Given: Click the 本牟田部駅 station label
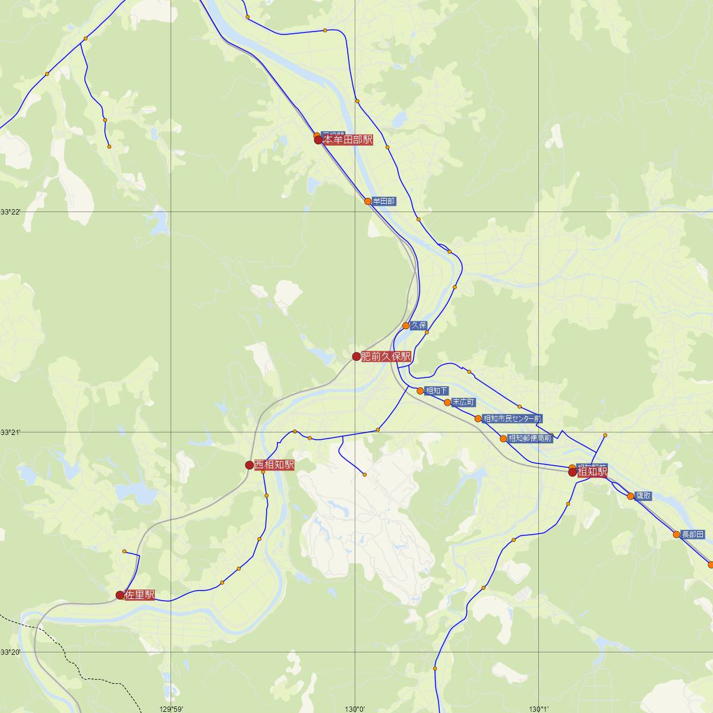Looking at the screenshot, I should pyautogui.click(x=348, y=140).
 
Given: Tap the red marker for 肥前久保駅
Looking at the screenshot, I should pyautogui.click(x=356, y=356).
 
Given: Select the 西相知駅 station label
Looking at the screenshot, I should pyautogui.click(x=274, y=465).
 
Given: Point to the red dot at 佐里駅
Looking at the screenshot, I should pyautogui.click(x=120, y=595).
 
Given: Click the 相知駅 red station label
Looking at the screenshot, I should pyautogui.click(x=592, y=472).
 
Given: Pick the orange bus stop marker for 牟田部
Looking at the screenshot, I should pyautogui.click(x=368, y=201).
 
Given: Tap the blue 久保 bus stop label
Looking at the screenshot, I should pyautogui.click(x=419, y=326).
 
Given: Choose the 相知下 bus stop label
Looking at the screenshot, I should pyautogui.click(x=437, y=391).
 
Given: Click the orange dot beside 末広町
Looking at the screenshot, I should pyautogui.click(x=447, y=402).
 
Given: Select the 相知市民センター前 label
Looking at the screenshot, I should pyautogui.click(x=512, y=419).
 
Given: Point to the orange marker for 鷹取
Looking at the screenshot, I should pyautogui.click(x=630, y=496).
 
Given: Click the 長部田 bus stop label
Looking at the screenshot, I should pyautogui.click(x=692, y=534).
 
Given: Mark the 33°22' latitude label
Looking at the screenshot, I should pyautogui.click(x=11, y=212).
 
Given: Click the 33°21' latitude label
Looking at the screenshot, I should pyautogui.click(x=11, y=432).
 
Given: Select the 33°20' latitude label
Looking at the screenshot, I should pyautogui.click(x=11, y=652).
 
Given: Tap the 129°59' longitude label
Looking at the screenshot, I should pyautogui.click(x=171, y=708).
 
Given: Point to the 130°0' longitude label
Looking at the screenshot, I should pyautogui.click(x=355, y=708).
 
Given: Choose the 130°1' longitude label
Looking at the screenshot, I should pyautogui.click(x=539, y=708).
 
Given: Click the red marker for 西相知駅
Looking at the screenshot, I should pyautogui.click(x=250, y=465).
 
